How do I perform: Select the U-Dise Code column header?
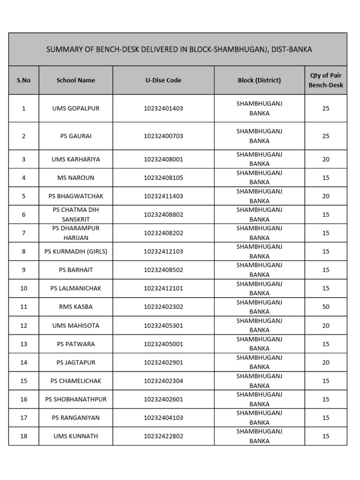[163, 80]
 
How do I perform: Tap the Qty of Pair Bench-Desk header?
[326, 80]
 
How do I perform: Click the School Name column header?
[76, 80]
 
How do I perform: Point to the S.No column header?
[23, 80]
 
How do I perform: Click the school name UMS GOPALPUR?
[76, 108]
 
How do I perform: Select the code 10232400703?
[163, 136]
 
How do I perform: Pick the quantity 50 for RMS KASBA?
[326, 307]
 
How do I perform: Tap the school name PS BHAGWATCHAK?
[76, 196]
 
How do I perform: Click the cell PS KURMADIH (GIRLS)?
[76, 251]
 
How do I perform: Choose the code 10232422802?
[163, 436]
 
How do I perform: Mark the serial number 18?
[23, 436]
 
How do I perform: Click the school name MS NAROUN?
[76, 178]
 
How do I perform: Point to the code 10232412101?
[163, 288]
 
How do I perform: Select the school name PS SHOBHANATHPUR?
[76, 399]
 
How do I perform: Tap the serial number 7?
[23, 233]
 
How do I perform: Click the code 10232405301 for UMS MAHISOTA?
[163, 325]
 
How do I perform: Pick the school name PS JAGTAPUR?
[76, 362]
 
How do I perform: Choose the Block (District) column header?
[259, 80]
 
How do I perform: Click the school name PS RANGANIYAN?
[76, 418]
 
